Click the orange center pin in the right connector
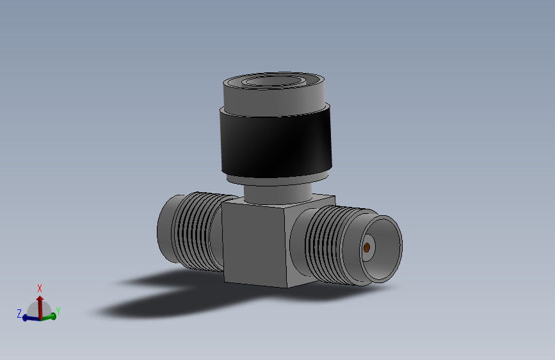click(367, 247)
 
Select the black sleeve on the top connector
click(275, 144)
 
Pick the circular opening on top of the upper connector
click(273, 82)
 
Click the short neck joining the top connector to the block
click(275, 192)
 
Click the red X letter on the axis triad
click(40, 288)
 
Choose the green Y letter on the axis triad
click(58, 311)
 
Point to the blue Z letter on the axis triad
click(19, 313)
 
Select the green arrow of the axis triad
click(50, 316)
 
